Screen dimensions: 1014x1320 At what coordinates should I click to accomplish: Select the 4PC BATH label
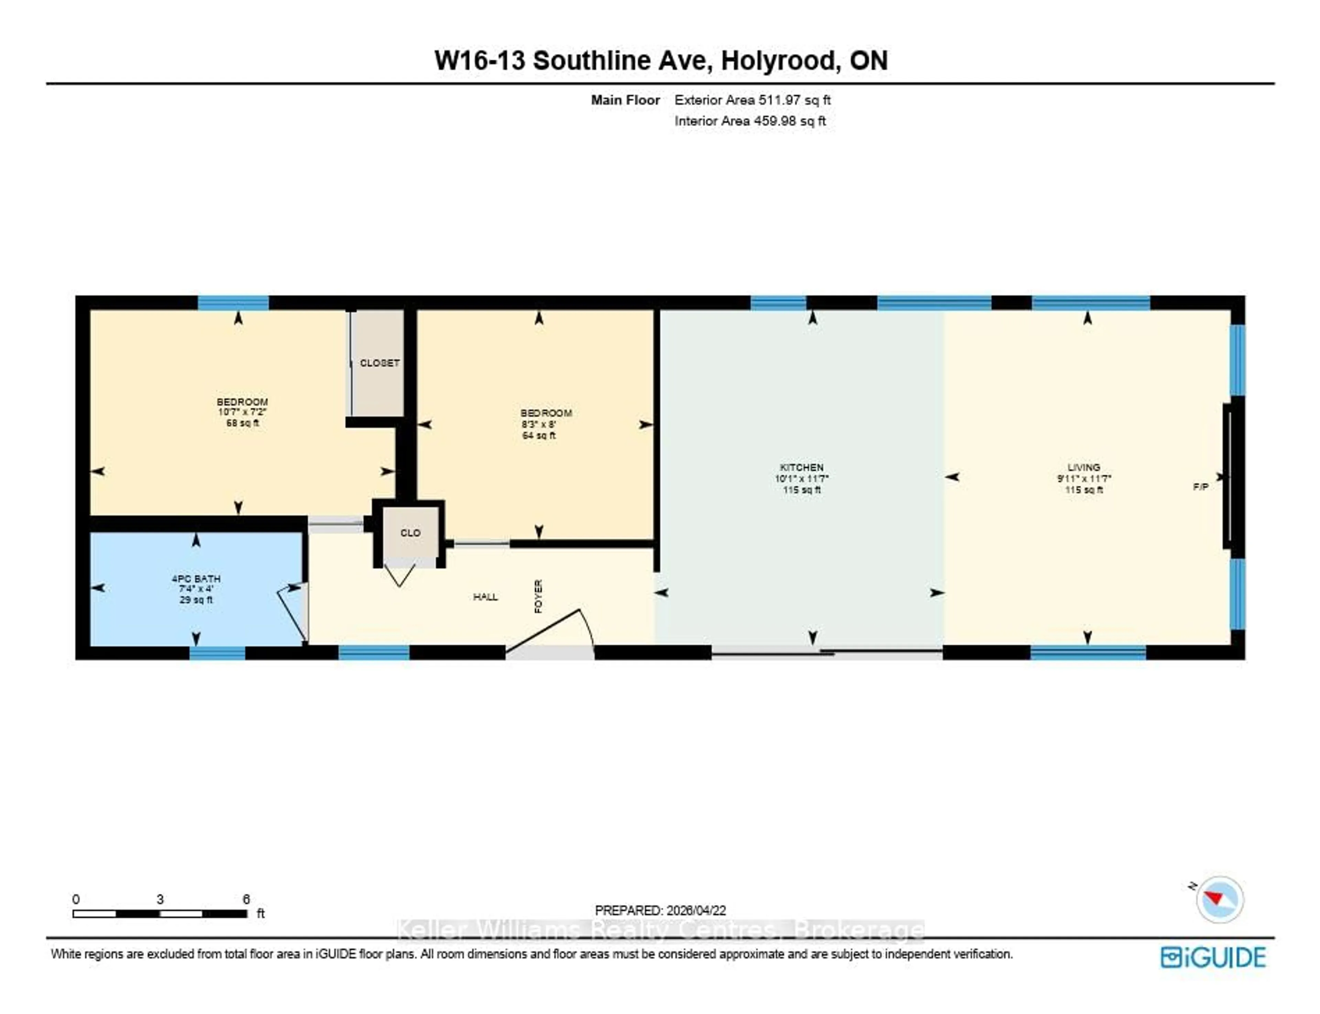tap(196, 579)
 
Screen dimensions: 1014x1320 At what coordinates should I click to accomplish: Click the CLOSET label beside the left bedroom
tap(379, 363)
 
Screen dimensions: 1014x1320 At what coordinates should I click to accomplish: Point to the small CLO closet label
tap(410, 533)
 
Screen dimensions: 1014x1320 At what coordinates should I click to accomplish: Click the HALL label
tap(485, 597)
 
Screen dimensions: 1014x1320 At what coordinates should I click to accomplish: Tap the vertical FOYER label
tap(538, 596)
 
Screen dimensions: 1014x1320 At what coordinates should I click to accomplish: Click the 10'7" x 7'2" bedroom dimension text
tap(242, 412)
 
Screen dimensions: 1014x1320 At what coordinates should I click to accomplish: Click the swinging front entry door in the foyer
tap(546, 631)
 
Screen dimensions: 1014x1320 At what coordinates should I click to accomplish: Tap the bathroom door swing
tap(291, 613)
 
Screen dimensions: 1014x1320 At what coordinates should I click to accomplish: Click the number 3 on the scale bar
tap(160, 899)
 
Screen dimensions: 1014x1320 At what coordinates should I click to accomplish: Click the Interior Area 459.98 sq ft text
tap(749, 121)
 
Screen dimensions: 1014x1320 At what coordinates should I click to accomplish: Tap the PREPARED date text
tap(660, 910)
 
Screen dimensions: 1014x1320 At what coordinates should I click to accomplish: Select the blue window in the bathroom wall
tap(217, 653)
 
